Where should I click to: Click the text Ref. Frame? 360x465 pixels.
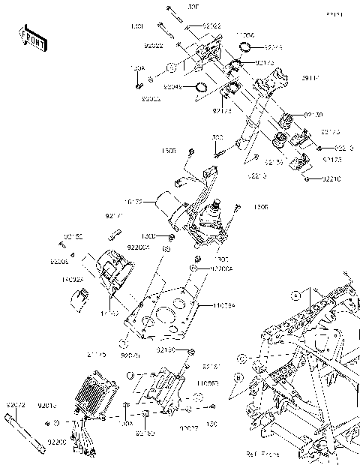(x=262, y=453)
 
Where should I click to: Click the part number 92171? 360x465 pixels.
(x=114, y=216)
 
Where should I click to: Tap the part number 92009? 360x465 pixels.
(x=59, y=262)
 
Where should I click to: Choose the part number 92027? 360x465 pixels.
(x=189, y=427)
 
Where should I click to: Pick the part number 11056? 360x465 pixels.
(x=245, y=35)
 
